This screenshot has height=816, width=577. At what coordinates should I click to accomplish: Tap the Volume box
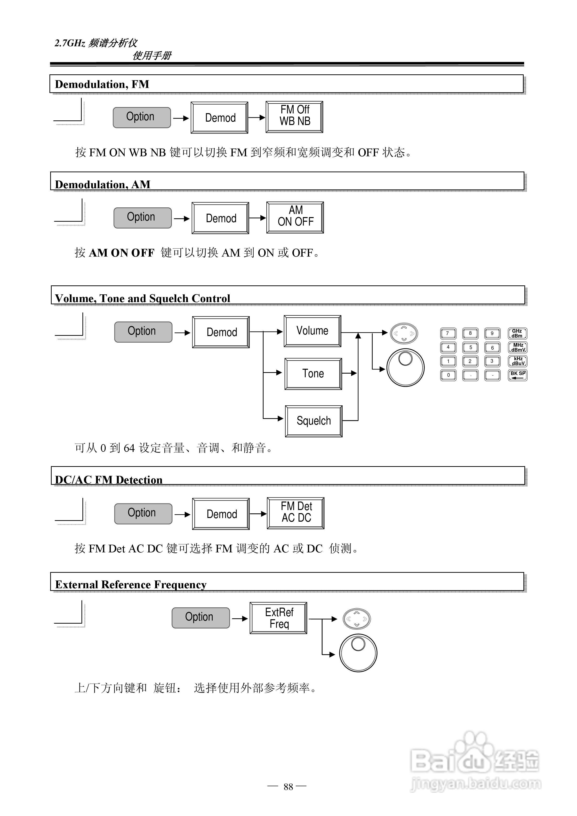(x=312, y=331)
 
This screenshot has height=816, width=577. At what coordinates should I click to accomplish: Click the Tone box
(x=313, y=374)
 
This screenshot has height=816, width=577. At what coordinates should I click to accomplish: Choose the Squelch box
(x=313, y=421)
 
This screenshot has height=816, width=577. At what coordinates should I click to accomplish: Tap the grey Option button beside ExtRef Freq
(x=201, y=618)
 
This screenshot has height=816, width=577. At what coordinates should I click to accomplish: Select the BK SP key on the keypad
(x=518, y=375)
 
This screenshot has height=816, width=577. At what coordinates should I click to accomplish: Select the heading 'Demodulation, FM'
(x=102, y=84)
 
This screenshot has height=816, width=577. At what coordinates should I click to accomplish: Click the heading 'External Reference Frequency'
(x=131, y=585)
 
